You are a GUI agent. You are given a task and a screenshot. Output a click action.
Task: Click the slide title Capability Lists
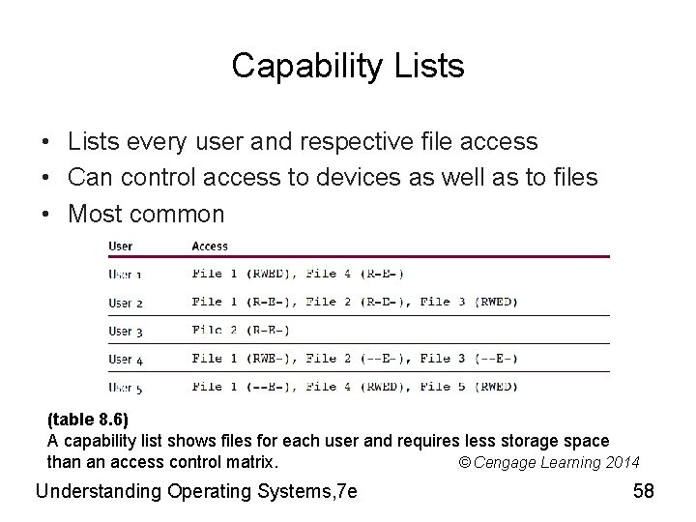348,67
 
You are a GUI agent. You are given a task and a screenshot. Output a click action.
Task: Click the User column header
121,246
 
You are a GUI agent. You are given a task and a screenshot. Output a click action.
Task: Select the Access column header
210,246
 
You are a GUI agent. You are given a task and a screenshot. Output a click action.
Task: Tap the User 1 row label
126,274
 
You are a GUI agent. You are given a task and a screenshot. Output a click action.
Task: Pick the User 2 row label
126,303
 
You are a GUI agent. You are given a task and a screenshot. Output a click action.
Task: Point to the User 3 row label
126,331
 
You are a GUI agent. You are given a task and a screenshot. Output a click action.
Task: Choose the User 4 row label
126,359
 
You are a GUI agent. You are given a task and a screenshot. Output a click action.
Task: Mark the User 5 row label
126,388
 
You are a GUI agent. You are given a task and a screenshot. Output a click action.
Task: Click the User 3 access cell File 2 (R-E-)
241,331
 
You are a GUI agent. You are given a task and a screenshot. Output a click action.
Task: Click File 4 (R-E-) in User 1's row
355,274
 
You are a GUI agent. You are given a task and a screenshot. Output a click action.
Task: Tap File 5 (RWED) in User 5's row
469,388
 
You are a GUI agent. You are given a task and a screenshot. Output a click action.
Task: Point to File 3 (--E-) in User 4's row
469,359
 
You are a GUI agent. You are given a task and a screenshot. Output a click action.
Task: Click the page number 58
644,491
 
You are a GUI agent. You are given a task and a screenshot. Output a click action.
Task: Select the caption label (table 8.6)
88,421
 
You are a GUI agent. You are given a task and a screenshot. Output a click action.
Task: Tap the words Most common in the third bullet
146,214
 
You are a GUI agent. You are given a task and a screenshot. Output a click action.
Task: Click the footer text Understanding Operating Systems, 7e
196,491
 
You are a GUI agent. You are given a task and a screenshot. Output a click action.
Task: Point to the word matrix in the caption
249,461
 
